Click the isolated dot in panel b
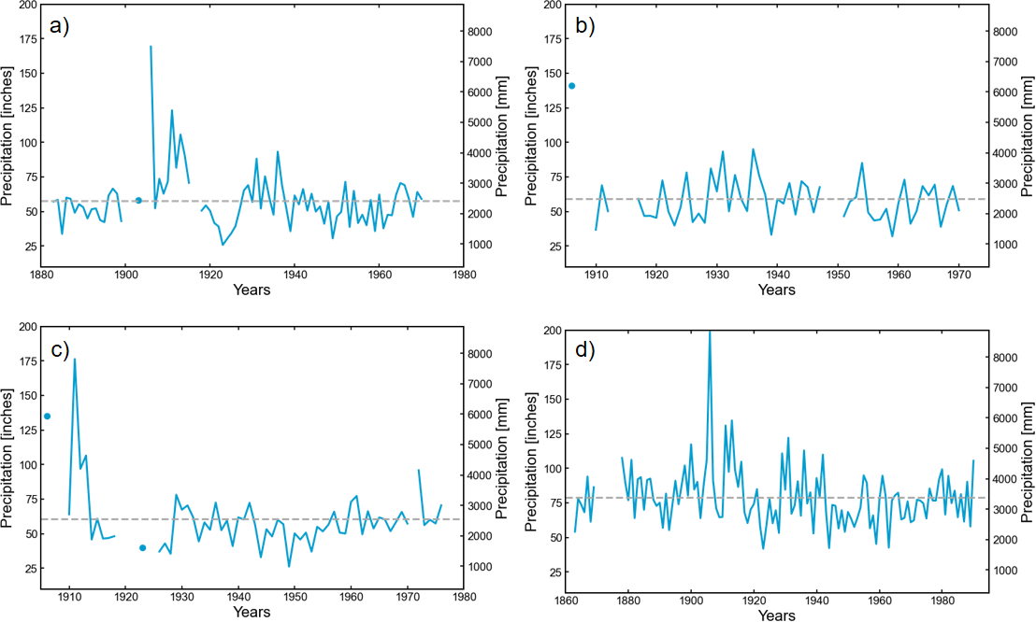coord(572,86)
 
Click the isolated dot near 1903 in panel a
coord(138,200)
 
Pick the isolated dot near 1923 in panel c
coord(142,548)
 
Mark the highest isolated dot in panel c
coord(47,417)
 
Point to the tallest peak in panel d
coord(710,332)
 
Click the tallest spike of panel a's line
coord(151,46)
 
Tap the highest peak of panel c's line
coord(75,360)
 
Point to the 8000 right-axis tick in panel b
coord(1004,32)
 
